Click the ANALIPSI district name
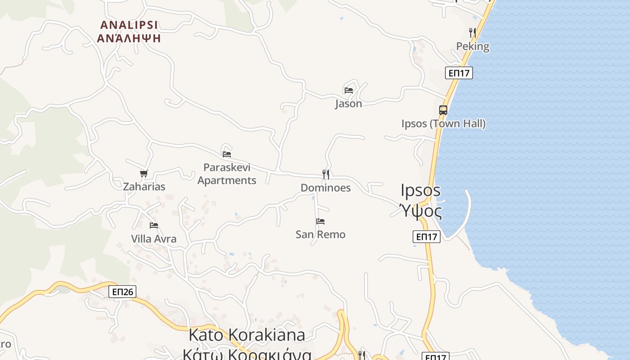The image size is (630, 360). [129, 25]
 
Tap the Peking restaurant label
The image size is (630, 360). [472, 46]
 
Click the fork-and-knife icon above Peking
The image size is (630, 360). [472, 32]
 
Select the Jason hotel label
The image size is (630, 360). [348, 103]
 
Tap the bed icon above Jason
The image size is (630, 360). [348, 90]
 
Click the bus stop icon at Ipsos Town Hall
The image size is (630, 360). [443, 110]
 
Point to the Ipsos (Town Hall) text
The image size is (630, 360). [443, 124]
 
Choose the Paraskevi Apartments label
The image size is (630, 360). [227, 174]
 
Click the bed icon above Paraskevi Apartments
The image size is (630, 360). [227, 154]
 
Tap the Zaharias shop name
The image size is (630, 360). [144, 186]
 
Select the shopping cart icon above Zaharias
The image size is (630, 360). [144, 173]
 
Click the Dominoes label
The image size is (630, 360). [325, 188]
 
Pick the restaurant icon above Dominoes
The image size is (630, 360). [326, 174]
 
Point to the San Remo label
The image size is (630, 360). [320, 234]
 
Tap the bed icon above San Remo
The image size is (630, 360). [320, 221]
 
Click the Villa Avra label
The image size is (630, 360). [154, 239]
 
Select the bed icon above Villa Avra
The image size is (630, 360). [154, 225]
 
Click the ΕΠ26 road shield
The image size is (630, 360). [122, 292]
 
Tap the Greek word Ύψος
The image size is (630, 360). [421, 211]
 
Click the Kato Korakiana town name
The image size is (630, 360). [247, 335]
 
